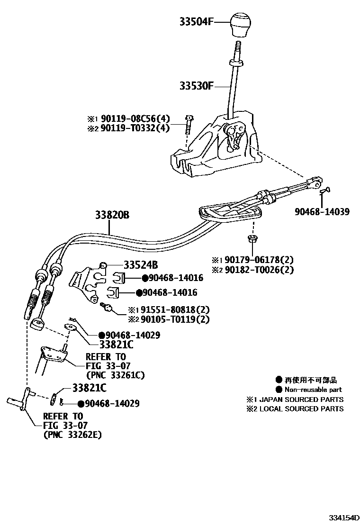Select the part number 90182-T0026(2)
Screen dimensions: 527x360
(259, 270)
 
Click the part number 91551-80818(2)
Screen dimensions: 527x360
(169, 309)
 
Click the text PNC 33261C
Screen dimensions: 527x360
(115, 375)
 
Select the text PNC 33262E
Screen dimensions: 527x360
(72, 434)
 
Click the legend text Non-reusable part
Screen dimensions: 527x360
(313, 390)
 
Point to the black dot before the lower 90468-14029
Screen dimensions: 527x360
(81, 404)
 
